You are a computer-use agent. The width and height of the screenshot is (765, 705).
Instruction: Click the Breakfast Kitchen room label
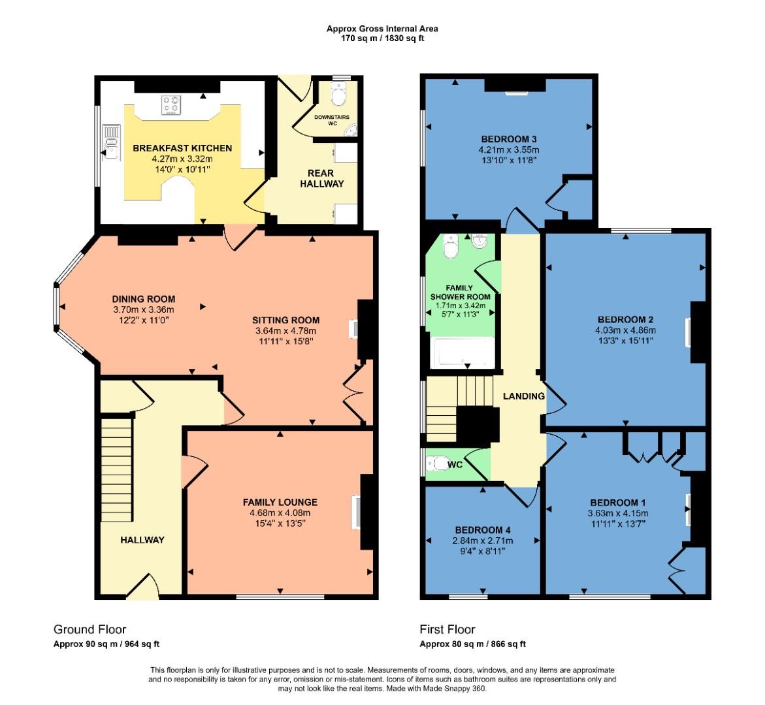pos(182,148)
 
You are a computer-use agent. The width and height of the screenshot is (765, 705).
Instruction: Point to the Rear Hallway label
pos(321,178)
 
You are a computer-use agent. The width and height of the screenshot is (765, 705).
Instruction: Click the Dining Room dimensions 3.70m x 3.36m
pos(143,309)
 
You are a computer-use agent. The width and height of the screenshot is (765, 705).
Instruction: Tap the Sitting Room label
pos(285,320)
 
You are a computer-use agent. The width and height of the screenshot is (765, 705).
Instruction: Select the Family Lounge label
pos(280,502)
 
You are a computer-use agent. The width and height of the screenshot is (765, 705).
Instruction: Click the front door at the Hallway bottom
pos(143,587)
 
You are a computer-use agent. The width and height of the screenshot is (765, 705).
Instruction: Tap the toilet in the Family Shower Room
pos(450,247)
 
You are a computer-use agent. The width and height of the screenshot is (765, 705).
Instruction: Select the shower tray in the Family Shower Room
pos(464,353)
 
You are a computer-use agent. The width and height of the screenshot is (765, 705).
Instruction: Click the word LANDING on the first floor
pos(523,396)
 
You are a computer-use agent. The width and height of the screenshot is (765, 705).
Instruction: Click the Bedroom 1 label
pos(617,503)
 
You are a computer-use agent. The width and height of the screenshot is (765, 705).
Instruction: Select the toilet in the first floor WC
pos(435,463)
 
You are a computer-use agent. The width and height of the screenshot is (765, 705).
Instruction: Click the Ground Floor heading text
pos(90,629)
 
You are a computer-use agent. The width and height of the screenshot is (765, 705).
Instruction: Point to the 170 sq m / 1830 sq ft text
pos(382,39)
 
